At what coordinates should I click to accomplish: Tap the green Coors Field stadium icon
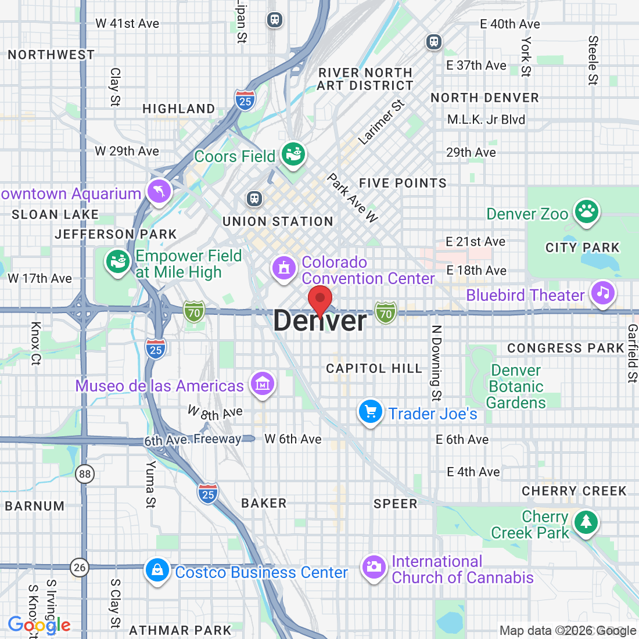coord(294,155)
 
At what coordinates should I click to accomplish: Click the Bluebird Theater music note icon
coord(604,293)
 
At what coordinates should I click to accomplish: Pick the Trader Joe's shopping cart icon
coord(370,412)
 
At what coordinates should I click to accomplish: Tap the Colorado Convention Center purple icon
coord(284,268)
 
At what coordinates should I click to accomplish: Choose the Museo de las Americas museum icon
coord(263,383)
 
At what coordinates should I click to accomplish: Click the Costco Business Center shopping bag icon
coord(157,570)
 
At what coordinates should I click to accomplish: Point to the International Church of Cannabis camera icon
coord(374,567)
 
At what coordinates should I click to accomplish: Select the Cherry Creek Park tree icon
coord(586,522)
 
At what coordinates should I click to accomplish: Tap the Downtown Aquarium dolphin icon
coord(159,191)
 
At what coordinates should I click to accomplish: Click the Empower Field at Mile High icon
coord(117,261)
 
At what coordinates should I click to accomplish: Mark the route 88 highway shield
coord(85,474)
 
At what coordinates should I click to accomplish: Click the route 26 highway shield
coord(80,568)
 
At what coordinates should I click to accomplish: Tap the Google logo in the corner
coord(39,625)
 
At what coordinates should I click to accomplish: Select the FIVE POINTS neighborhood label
coord(403,184)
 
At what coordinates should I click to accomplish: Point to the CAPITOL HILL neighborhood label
coord(374,369)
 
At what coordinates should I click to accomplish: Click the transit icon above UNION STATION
coord(254,199)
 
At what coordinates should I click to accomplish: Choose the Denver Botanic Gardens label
coord(516,387)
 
